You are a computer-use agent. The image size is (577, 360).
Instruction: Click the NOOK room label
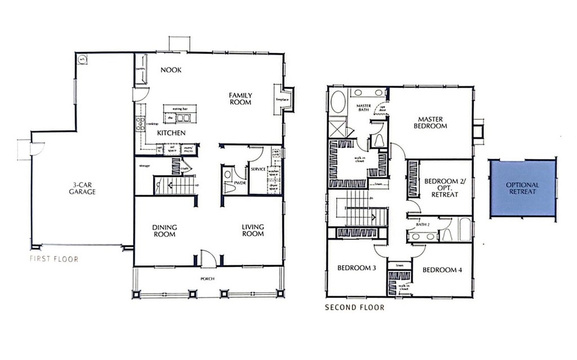[x=171, y=70]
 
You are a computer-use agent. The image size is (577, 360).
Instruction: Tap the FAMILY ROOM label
[x=240, y=99]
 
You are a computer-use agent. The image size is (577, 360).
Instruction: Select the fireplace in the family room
[x=283, y=100]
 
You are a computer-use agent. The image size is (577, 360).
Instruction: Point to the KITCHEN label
[x=171, y=133]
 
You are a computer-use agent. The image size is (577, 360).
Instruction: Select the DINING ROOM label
[x=165, y=230]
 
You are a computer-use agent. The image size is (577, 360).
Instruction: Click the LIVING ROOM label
[x=253, y=230]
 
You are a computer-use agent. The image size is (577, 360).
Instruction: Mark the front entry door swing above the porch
[x=208, y=259]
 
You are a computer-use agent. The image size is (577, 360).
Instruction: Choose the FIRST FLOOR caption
[x=54, y=259]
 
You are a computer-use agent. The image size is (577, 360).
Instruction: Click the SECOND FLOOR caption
[x=355, y=308]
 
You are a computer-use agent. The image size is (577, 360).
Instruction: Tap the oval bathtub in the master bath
[x=339, y=103]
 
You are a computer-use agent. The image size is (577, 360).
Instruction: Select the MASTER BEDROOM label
[x=430, y=122]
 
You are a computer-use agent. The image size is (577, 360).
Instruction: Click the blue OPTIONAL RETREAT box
[x=522, y=188]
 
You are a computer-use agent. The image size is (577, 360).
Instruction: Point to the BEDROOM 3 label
[x=356, y=268]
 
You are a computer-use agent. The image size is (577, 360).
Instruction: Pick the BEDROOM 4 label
[x=442, y=270]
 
